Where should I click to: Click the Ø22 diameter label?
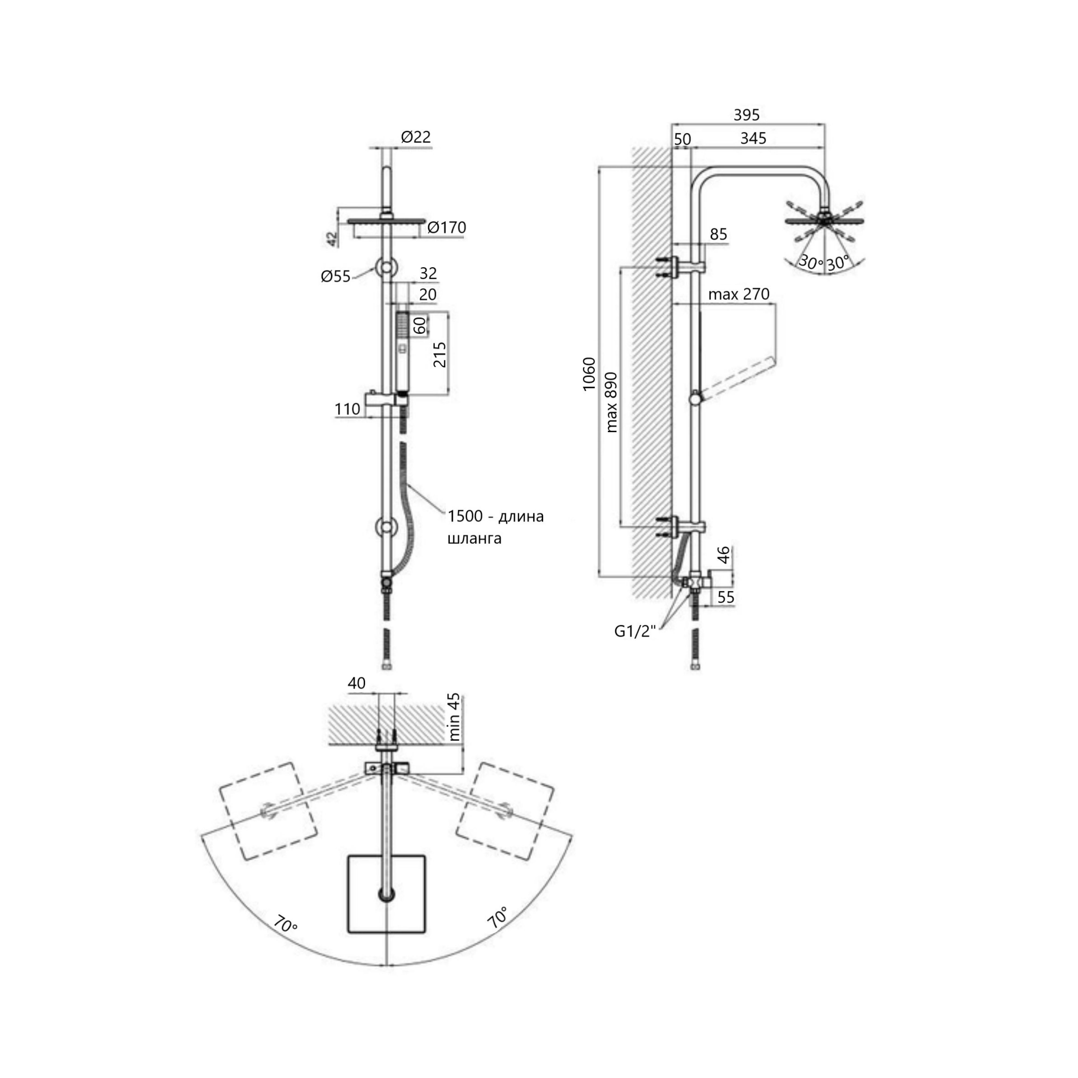coord(416,137)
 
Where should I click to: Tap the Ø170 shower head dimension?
coord(446,228)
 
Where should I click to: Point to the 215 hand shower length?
coord(440,354)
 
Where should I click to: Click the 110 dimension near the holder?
coord(347,409)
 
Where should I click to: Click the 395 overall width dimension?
coord(747,115)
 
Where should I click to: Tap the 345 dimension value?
coord(753,138)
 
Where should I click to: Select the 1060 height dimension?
coord(589,374)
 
